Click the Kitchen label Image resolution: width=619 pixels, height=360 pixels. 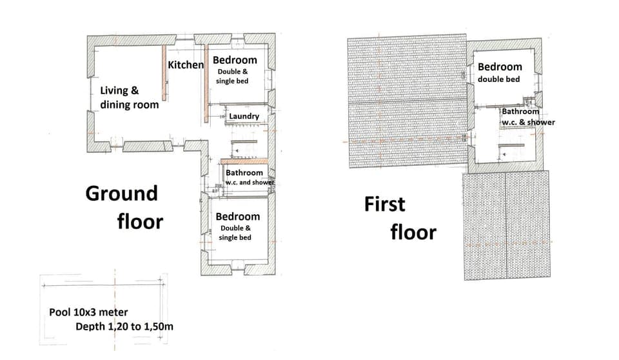(x=186, y=65)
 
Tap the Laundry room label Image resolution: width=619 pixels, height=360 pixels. (x=244, y=117)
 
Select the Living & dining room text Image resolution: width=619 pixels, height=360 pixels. (x=128, y=97)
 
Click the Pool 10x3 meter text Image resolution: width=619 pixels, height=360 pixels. (x=88, y=312)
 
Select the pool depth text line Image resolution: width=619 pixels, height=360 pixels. (x=124, y=326)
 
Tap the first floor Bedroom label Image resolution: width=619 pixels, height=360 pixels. (x=500, y=66)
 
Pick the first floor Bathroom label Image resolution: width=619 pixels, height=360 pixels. (x=520, y=112)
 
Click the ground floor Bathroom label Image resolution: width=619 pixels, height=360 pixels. (x=244, y=173)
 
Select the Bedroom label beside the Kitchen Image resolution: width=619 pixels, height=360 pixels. (x=235, y=61)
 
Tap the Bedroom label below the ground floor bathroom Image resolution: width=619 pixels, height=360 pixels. (x=238, y=217)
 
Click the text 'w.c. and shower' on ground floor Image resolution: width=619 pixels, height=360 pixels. (x=249, y=183)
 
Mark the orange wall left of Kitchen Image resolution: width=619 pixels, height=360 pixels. (x=164, y=72)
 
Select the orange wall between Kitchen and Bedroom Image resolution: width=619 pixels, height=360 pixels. (x=206, y=84)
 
